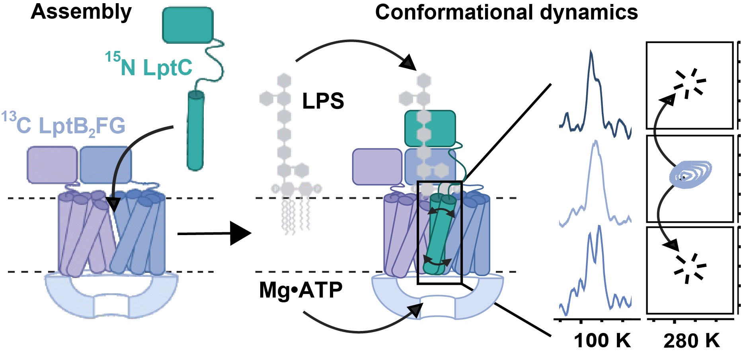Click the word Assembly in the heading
tap(81, 12)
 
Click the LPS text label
tap(323, 101)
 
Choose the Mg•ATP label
tap(300, 290)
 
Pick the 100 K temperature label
tap(602, 341)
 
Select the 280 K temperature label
tap(691, 341)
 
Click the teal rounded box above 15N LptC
tap(187, 25)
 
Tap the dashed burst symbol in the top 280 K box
tap(689, 84)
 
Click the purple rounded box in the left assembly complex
tap(52, 165)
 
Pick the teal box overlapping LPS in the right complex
tap(430, 128)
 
